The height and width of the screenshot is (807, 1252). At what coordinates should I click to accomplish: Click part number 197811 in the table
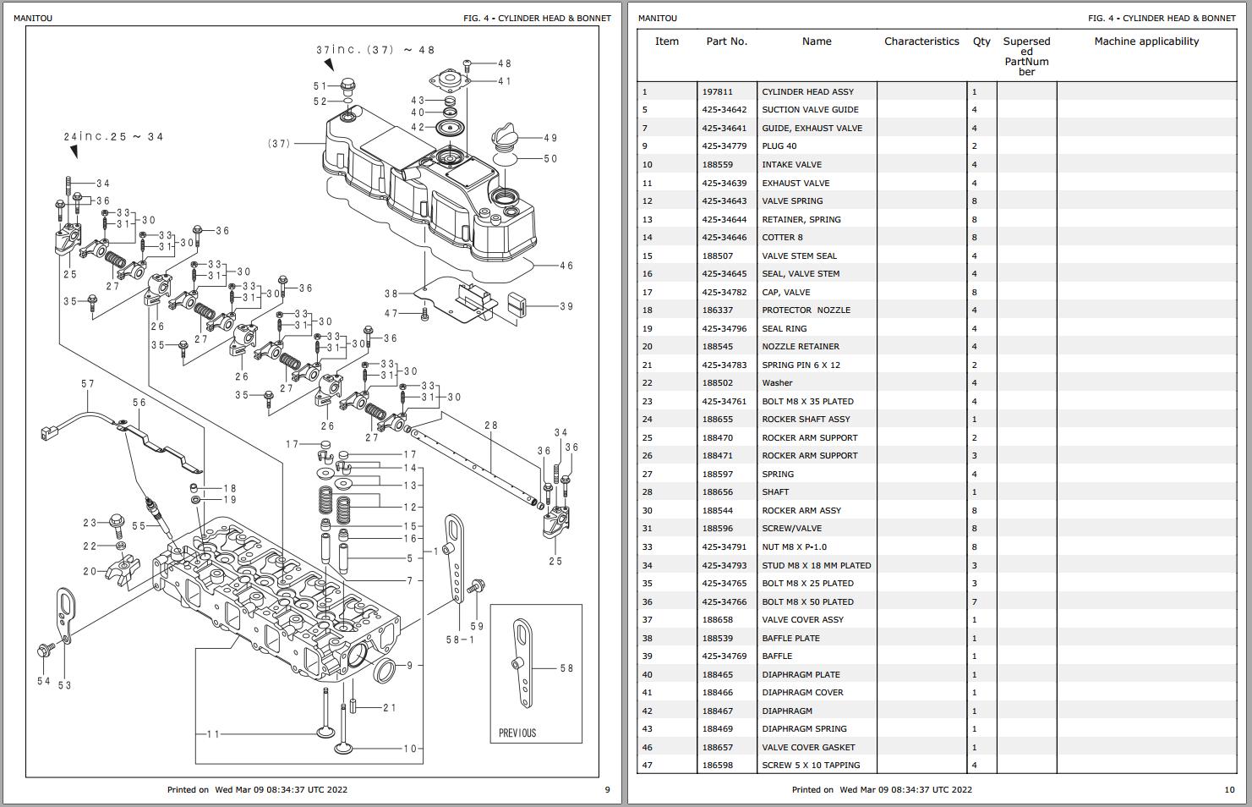tap(717, 92)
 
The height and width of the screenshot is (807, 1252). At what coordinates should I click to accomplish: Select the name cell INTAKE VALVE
tap(791, 165)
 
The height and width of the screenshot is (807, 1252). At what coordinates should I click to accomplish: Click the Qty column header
tap(981, 41)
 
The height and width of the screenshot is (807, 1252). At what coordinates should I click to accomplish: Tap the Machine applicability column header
tap(1146, 41)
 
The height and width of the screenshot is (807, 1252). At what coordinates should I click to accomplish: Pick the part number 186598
tap(717, 766)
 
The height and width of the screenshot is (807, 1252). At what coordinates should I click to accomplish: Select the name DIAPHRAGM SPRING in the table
tap(804, 729)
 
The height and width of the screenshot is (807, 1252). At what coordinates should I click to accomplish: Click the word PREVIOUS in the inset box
tap(517, 733)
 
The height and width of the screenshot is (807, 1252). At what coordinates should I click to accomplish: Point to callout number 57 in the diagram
tap(88, 384)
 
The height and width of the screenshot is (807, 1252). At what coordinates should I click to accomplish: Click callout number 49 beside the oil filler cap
tap(550, 138)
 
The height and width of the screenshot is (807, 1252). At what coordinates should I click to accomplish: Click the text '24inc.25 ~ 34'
tap(113, 137)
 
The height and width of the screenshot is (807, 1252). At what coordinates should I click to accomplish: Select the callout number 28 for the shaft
tap(491, 425)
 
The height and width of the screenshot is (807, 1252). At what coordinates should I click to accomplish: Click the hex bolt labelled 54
tap(45, 651)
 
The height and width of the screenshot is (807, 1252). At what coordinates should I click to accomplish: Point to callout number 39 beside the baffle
tap(566, 306)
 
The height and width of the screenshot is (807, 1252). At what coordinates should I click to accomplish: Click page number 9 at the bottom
tap(607, 790)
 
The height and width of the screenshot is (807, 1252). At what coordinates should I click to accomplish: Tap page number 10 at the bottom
tap(1229, 790)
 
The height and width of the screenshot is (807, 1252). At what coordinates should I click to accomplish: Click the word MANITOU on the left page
tap(33, 19)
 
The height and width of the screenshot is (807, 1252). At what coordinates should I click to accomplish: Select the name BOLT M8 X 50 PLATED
tap(807, 602)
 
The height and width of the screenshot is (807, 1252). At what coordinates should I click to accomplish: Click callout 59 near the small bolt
tap(477, 626)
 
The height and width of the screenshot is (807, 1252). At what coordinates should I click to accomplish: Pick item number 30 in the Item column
tap(647, 511)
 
